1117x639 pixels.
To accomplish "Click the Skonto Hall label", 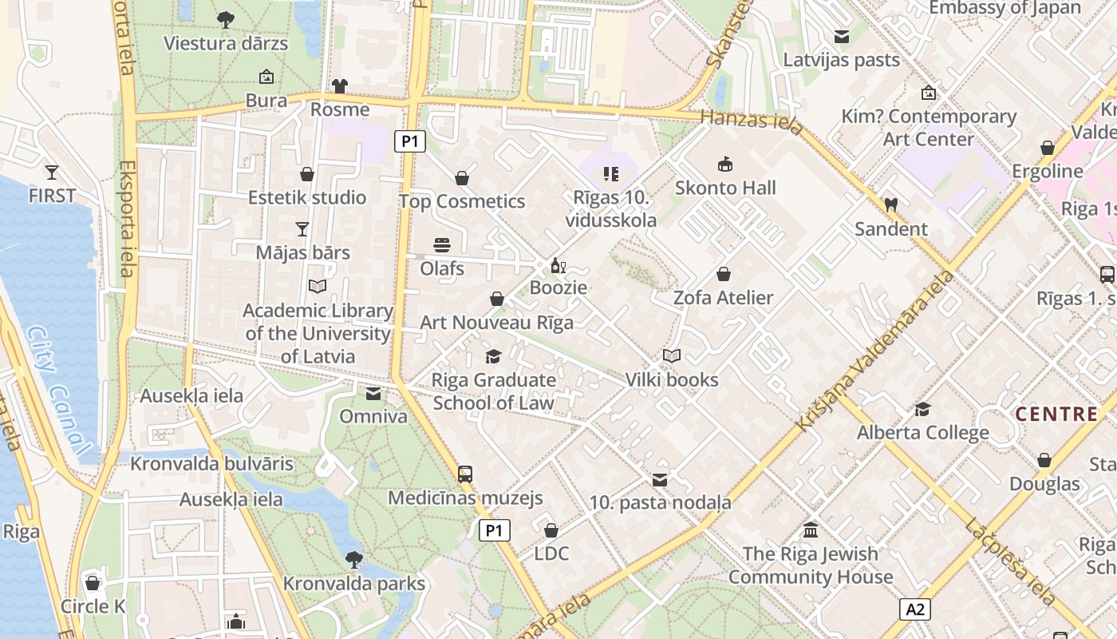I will pyautogui.click(x=724, y=189).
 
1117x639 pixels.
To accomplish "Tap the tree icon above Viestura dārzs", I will pyautogui.click(x=226, y=19).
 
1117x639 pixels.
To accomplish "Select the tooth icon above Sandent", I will pyautogui.click(x=891, y=204).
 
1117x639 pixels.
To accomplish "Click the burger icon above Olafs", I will pyautogui.click(x=442, y=244).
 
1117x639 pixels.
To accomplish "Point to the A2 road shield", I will pyautogui.click(x=915, y=609).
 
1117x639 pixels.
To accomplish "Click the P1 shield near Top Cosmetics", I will pyautogui.click(x=409, y=142).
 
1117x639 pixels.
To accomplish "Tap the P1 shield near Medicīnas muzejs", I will pyautogui.click(x=495, y=530).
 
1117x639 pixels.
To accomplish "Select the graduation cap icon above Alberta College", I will pyautogui.click(x=922, y=409).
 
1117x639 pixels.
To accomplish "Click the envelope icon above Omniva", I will pyautogui.click(x=373, y=393).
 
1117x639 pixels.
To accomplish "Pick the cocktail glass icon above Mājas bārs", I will pyautogui.click(x=302, y=229).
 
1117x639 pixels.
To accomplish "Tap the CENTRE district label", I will pyautogui.click(x=1056, y=414).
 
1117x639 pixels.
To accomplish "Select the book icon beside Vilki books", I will pyautogui.click(x=672, y=356).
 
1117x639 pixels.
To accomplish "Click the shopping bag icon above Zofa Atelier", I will pyautogui.click(x=724, y=274).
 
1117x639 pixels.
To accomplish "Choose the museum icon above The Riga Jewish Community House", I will pyautogui.click(x=811, y=530).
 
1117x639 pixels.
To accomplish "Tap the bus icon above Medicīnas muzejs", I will pyautogui.click(x=465, y=474).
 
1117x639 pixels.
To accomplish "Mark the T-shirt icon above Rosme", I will pyautogui.click(x=340, y=85).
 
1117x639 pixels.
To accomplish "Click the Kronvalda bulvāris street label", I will pyautogui.click(x=211, y=464).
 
